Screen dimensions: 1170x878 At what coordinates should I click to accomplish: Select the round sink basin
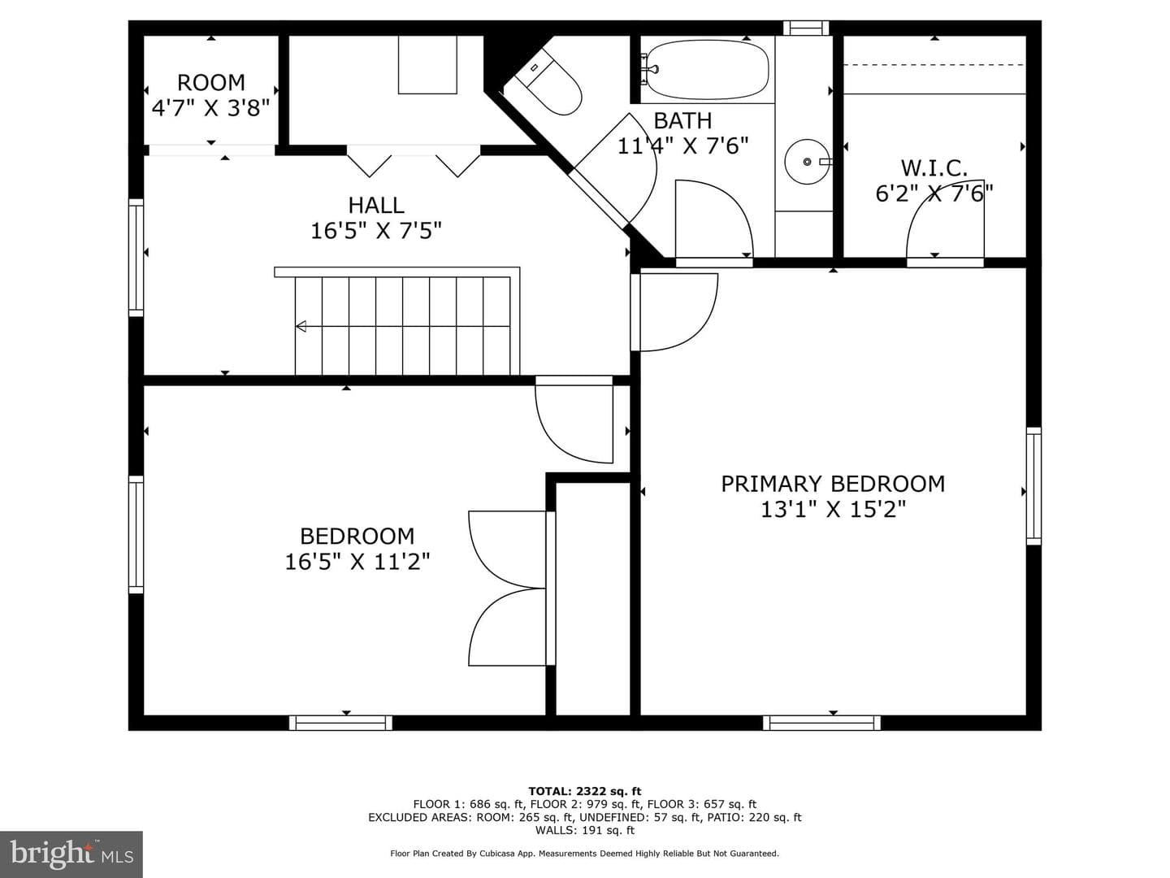coord(807,162)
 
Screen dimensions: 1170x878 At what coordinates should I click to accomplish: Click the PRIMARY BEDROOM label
coord(833,484)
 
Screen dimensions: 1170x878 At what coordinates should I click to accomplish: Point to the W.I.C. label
coord(934,168)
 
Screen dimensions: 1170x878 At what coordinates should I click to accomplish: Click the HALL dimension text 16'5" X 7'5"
coord(376,232)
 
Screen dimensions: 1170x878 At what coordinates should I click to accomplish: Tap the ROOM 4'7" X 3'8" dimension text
coord(211,108)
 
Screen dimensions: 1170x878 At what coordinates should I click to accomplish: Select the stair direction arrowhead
coord(301,326)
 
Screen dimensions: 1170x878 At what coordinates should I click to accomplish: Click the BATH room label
coord(682,120)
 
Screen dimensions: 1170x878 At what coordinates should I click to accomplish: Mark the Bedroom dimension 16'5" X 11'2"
coord(357,562)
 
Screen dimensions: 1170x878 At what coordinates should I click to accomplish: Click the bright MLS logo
coord(71,854)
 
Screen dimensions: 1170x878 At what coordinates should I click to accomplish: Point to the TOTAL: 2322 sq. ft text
coord(585,791)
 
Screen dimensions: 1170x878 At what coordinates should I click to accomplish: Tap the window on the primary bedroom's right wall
coord(1033,485)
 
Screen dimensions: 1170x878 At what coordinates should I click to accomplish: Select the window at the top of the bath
coord(806,28)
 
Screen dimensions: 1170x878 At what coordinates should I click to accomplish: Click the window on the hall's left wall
coord(136,258)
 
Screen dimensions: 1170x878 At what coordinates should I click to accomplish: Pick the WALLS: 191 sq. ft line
coord(585,830)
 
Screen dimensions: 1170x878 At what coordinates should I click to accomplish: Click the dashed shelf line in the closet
coord(934,65)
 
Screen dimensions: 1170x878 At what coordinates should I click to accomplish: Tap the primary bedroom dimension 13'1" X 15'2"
coord(833,510)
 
